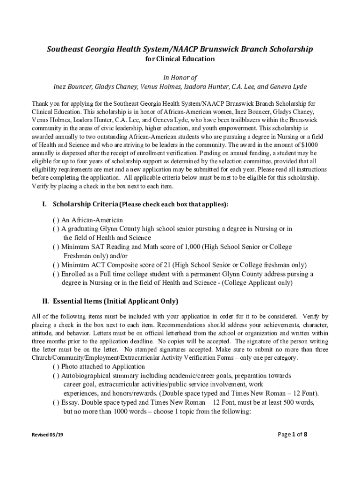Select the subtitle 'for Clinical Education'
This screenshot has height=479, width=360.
[180, 59]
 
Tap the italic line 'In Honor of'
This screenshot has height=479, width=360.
[180, 77]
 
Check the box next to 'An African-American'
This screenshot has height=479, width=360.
[56, 220]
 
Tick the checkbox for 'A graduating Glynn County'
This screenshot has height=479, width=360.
[56, 229]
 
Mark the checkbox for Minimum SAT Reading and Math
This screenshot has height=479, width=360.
[56, 247]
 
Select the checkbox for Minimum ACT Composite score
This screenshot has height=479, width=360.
[56, 265]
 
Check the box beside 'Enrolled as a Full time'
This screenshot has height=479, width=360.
[56, 274]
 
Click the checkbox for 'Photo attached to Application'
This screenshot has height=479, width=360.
[56, 367]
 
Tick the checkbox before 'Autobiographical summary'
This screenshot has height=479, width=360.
[56, 376]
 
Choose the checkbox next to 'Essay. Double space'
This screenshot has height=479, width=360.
[56, 403]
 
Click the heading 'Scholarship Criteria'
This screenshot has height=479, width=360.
[86, 204]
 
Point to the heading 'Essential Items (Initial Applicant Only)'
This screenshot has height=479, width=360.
[115, 301]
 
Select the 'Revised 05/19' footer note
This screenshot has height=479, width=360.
[47, 435]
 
